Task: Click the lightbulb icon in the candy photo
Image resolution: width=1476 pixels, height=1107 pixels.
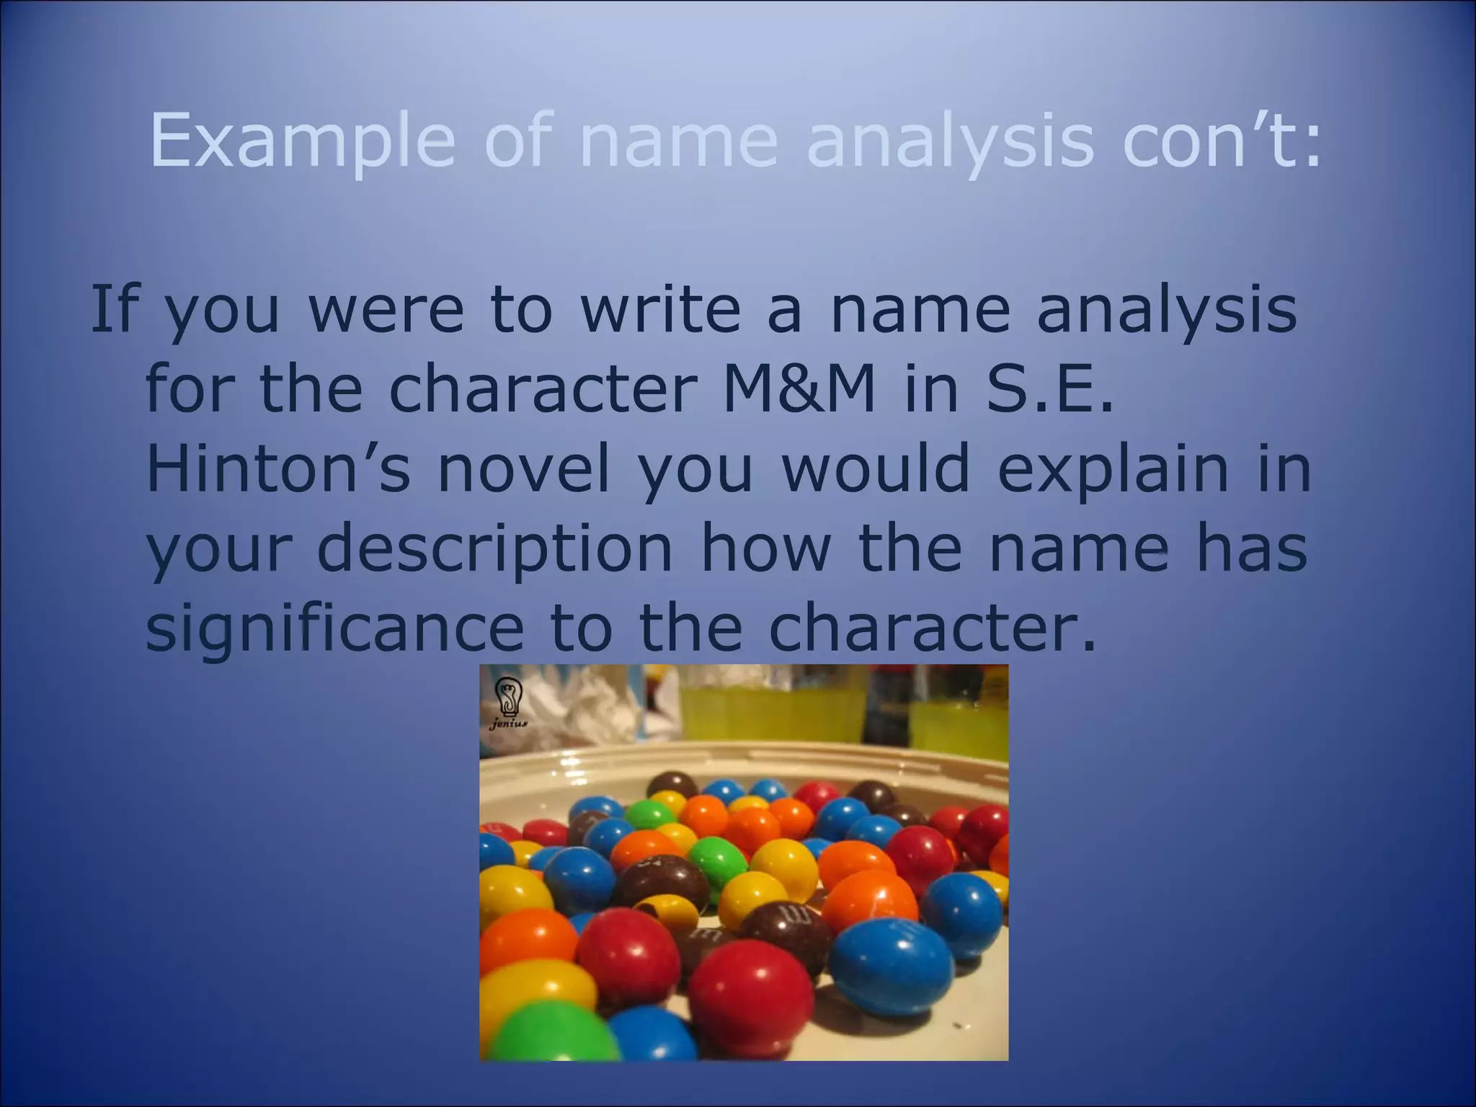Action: click(x=509, y=696)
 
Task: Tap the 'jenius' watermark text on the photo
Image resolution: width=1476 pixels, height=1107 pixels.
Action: click(x=509, y=724)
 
